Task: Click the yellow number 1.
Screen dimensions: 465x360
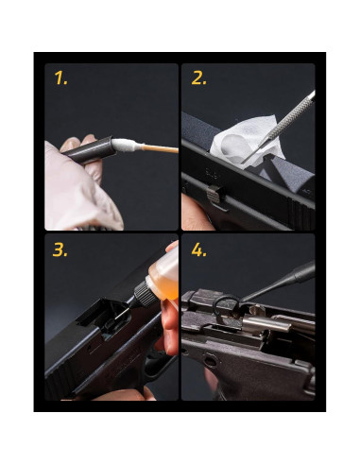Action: tap(60, 79)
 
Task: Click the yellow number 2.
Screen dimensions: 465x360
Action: tap(198, 78)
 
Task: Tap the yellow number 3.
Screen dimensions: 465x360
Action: tap(61, 252)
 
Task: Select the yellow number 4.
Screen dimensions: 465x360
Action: tap(199, 252)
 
